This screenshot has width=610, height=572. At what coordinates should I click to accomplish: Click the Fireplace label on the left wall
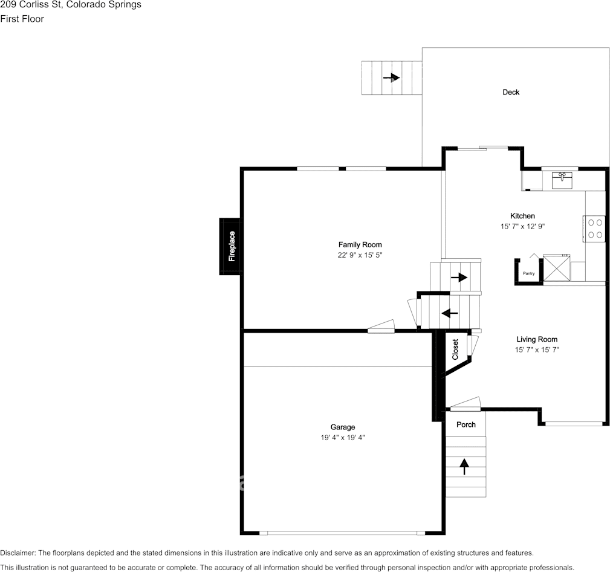point(231,246)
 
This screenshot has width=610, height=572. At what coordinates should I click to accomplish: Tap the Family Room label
point(360,245)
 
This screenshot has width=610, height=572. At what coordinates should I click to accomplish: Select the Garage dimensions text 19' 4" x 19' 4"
point(343,437)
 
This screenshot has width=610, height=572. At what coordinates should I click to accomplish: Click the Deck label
point(511,93)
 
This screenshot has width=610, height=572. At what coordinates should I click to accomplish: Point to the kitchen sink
point(562,180)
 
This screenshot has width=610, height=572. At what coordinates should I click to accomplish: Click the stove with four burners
point(594,229)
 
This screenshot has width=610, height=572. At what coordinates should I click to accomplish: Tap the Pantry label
point(528,274)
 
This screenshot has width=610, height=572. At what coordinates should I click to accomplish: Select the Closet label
point(455,349)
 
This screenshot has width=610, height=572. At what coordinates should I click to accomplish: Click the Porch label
point(466,424)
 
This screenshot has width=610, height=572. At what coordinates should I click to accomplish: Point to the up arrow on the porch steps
point(464,466)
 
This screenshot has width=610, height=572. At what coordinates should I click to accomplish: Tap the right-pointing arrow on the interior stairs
point(459,278)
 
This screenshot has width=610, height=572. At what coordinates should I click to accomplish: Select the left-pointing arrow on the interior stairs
point(450,313)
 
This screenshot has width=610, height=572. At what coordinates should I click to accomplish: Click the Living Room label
point(536,339)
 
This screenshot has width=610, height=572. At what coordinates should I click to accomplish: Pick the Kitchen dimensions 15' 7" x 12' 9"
point(522,227)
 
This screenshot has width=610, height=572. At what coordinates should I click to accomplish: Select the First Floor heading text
point(22,19)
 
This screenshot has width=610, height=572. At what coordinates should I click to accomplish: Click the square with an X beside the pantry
point(556,268)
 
